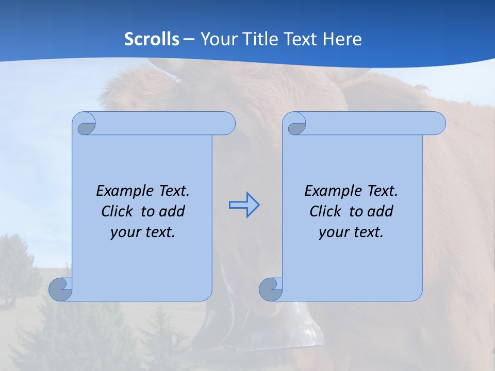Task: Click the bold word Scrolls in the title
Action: (152, 39)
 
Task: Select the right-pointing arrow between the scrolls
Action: (244, 205)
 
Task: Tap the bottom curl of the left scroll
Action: (60, 289)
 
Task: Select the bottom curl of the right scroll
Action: (271, 289)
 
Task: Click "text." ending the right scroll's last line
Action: (368, 232)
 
